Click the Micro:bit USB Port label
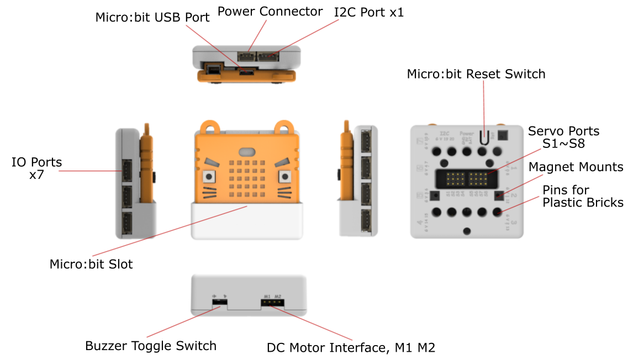coord(152,17)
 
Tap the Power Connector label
coord(270,11)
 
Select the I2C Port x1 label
coord(369,12)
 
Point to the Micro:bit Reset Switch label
coord(476,73)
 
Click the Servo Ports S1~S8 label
coord(563,137)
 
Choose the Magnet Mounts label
coord(576,167)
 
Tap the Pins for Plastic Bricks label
coord(583,197)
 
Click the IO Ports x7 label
coord(37,168)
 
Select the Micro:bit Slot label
coord(91,264)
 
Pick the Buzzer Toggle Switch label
coord(150,346)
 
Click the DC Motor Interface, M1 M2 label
coord(351,348)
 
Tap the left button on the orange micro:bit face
coord(210,177)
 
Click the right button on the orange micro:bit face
coord(285,177)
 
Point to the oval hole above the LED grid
coord(247,152)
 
